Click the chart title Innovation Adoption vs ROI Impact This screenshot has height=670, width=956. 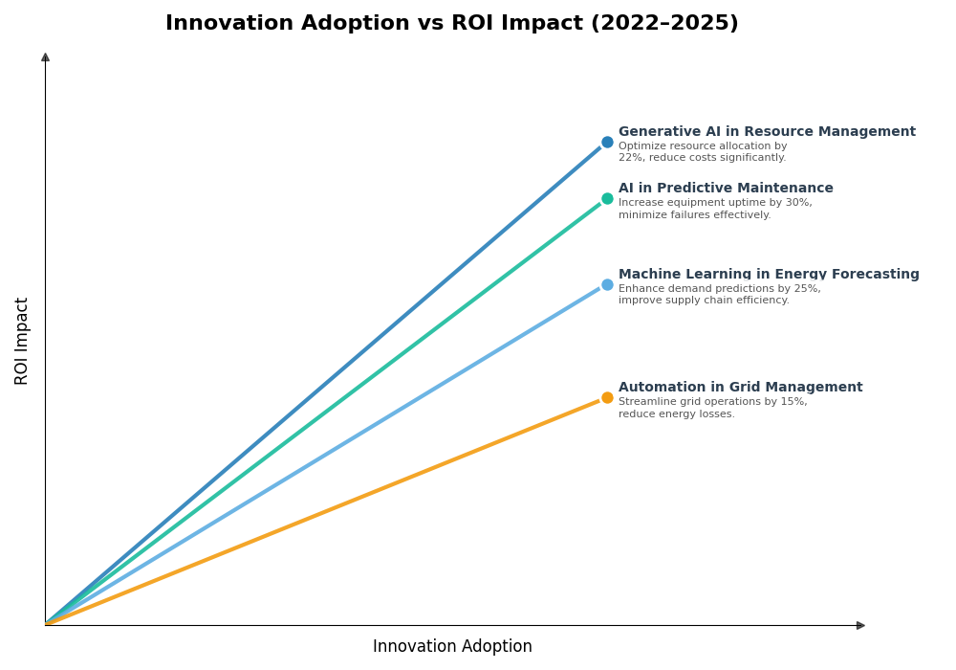click(x=451, y=24)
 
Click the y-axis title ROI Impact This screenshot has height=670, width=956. click(x=22, y=341)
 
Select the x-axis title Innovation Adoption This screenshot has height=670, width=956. click(x=452, y=647)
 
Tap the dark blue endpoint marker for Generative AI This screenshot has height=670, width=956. click(x=607, y=143)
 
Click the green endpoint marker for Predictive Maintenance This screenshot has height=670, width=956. click(x=607, y=199)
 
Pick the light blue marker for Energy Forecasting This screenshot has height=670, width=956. click(x=607, y=284)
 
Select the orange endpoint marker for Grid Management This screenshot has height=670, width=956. click(x=607, y=398)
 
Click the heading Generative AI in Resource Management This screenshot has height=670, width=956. click(x=766, y=132)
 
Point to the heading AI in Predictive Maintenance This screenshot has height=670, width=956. click(x=726, y=189)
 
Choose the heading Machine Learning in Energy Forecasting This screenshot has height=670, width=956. click(x=769, y=275)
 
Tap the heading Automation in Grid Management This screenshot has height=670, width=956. click(x=740, y=388)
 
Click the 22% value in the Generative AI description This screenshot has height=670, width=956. click(x=630, y=158)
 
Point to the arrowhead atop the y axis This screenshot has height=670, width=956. click(x=45, y=57)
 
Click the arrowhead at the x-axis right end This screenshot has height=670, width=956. click(x=860, y=625)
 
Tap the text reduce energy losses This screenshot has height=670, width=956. click(x=676, y=414)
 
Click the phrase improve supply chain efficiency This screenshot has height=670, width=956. click(x=704, y=301)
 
